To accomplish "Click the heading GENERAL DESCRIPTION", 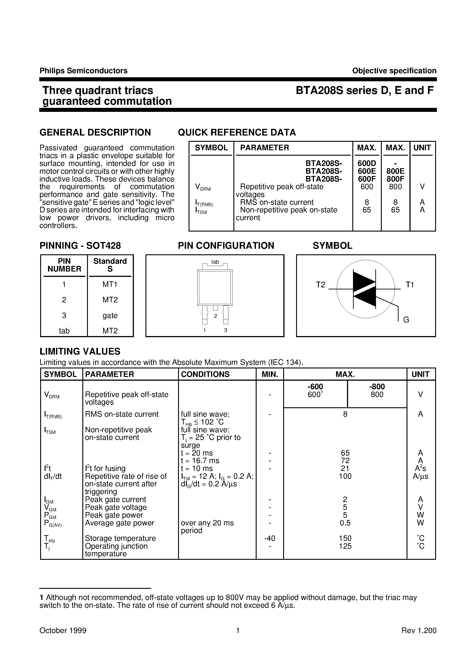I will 95,132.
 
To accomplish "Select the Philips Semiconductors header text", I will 83,71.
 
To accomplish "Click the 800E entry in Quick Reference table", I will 395,171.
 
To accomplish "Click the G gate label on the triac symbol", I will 406,320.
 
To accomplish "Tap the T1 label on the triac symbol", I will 410,285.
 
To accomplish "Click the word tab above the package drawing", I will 215,262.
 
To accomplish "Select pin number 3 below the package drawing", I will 226,330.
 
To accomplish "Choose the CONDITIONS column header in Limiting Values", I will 205,374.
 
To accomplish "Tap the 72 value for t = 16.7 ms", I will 345,461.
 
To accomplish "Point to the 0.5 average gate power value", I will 345,523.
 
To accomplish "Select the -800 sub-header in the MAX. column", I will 377,387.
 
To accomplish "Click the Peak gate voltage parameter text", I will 116,507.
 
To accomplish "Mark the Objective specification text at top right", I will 394,71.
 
